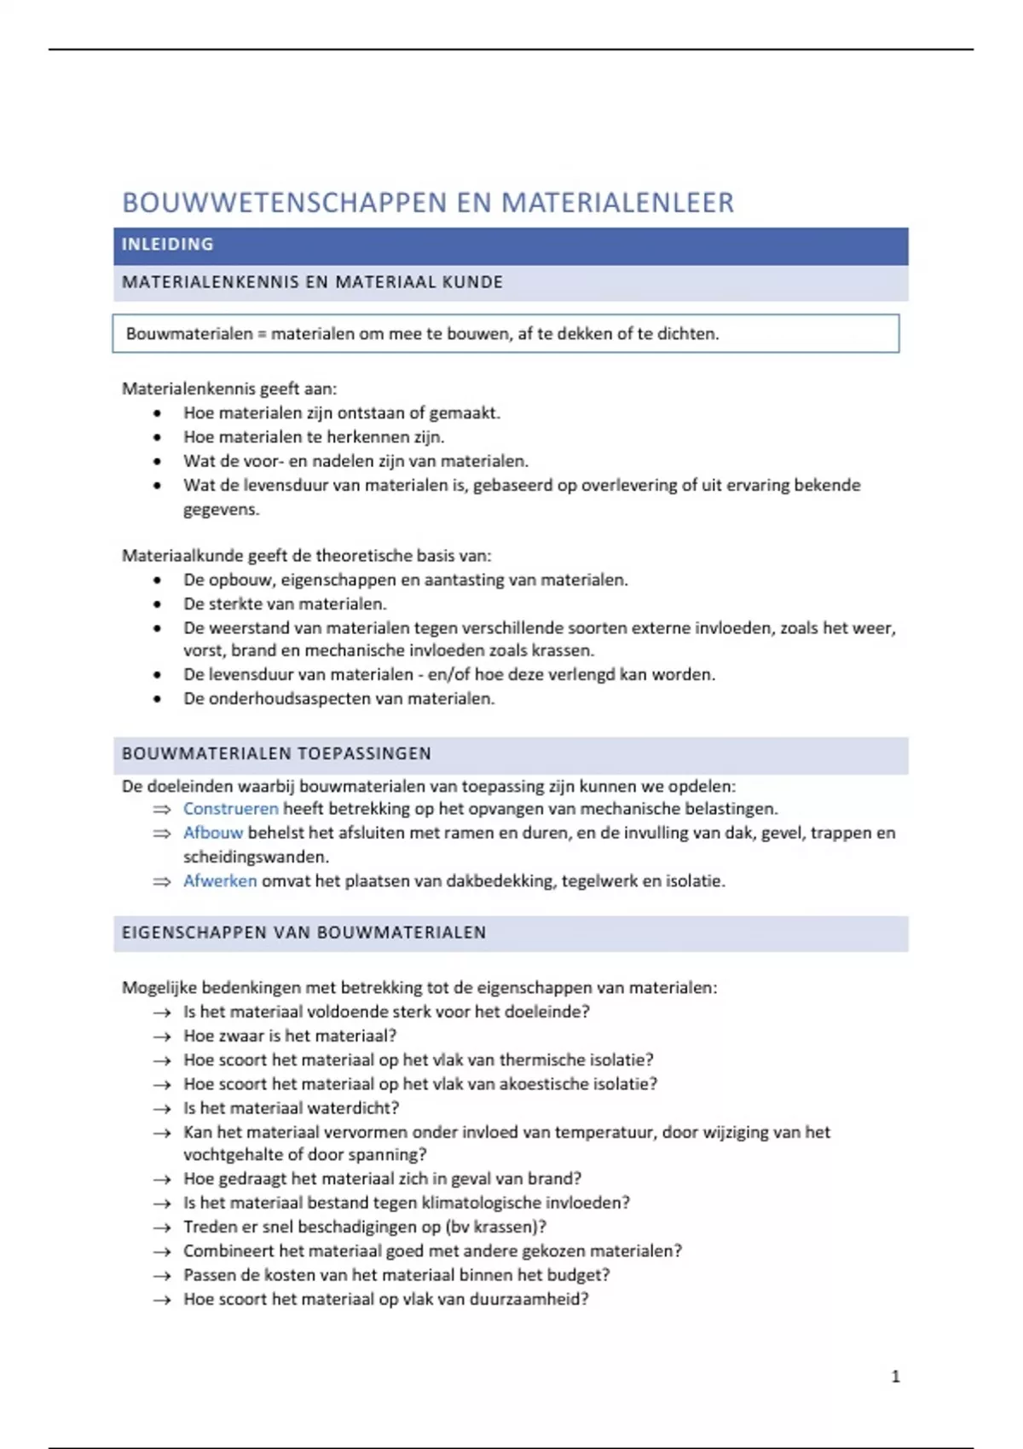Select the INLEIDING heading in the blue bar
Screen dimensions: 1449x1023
[167, 245]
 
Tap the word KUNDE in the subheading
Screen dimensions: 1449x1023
[472, 282]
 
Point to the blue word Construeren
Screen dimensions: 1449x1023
[230, 809]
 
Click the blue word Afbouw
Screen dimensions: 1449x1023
[212, 833]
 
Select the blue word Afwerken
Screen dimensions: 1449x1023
[219, 881]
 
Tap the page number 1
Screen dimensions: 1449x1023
[895, 1376]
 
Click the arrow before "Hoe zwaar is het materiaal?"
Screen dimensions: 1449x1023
[162, 1036]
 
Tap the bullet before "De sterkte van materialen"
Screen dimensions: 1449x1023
[157, 604]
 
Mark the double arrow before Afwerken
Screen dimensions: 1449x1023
[162, 882]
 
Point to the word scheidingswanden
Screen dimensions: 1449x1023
[256, 857]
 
